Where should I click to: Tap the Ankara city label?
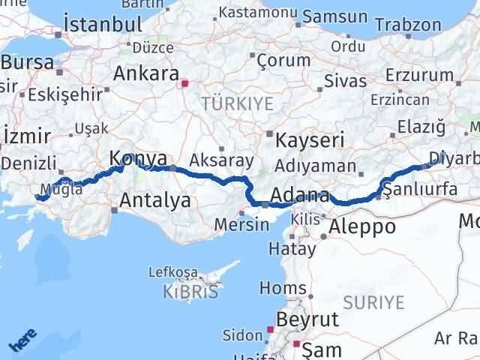145,74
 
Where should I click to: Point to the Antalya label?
154,201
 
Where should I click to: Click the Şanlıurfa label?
420,190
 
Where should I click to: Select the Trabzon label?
408,25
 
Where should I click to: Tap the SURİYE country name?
373,302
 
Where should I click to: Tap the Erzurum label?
418,75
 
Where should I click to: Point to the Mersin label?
241,224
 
